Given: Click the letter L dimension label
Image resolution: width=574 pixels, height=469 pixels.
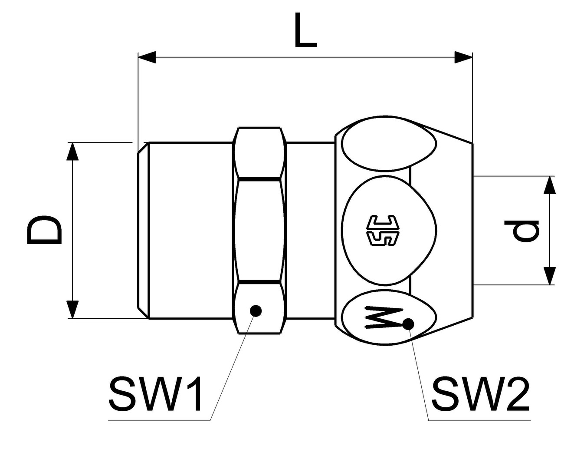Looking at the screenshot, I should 305,30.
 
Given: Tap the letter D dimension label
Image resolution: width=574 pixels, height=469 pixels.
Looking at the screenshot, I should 44,231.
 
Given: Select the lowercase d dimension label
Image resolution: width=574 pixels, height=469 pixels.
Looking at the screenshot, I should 525,230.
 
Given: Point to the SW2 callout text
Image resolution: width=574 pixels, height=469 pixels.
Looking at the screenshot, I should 480,394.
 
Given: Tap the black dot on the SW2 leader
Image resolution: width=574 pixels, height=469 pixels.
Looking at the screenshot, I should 408,324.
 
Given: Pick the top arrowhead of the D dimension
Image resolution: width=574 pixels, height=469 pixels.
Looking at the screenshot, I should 73,152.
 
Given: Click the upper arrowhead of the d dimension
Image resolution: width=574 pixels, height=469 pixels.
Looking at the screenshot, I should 550,185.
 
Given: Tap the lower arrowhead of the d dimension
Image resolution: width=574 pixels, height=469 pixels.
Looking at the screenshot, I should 550,276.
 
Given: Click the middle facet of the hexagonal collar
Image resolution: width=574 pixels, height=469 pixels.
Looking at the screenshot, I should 259,230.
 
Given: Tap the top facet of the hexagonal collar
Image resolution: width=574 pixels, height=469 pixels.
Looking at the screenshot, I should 259,152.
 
